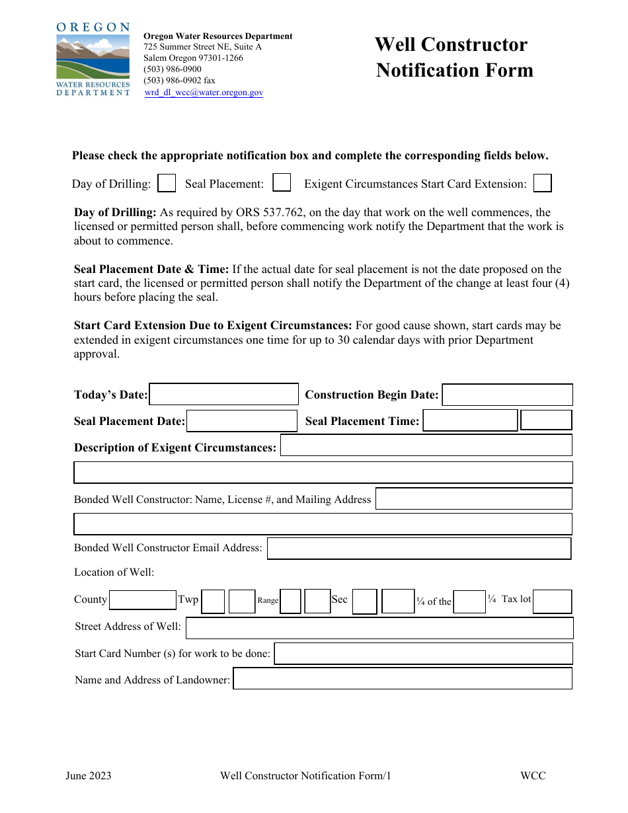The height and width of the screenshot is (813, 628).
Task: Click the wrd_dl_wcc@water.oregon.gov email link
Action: click(204, 93)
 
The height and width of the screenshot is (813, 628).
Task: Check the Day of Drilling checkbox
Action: click(167, 183)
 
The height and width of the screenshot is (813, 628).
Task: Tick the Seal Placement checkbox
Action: click(282, 182)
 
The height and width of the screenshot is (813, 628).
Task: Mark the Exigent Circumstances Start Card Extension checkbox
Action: click(543, 183)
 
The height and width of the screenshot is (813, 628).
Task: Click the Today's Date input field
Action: click(224, 395)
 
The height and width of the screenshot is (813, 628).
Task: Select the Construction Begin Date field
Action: click(507, 395)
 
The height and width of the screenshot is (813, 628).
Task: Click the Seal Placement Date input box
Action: click(242, 421)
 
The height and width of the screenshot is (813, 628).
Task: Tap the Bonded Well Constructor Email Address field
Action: click(419, 548)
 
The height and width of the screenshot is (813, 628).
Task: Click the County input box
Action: click(143, 600)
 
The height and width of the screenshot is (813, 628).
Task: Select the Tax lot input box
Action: click(552, 601)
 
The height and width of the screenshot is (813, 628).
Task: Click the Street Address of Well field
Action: click(379, 627)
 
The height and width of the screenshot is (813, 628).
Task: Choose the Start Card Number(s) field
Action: click(423, 654)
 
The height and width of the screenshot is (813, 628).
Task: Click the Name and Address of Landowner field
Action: click(403, 679)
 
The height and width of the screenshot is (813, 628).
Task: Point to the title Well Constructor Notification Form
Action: click(454, 58)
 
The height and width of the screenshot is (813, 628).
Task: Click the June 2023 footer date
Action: click(89, 776)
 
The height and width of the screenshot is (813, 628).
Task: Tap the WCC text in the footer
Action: click(533, 776)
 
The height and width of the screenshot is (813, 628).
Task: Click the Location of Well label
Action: click(114, 572)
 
